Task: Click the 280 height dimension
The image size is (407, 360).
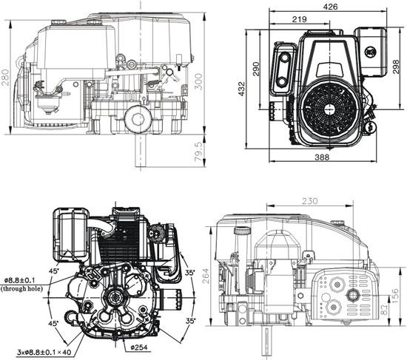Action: coord(7,77)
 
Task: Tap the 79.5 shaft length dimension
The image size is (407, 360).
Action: coord(198,152)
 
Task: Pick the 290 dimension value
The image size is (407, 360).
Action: coord(257,69)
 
